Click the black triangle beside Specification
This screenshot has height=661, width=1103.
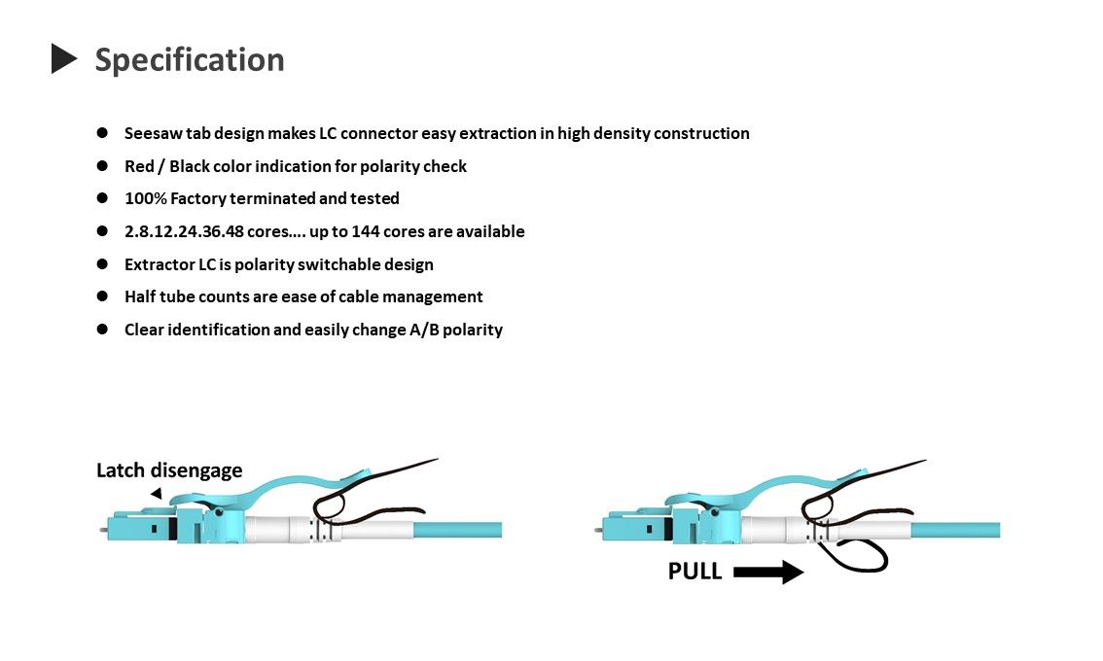63,58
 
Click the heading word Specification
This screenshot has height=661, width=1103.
190,59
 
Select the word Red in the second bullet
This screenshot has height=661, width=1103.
140,166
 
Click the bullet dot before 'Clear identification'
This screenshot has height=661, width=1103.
102,330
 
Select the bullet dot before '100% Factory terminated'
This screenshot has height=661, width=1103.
102,198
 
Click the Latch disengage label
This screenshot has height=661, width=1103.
169,470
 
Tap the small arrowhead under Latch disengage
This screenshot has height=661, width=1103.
156,494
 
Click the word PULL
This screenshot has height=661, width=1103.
694,572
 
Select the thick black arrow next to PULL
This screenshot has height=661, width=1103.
768,573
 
